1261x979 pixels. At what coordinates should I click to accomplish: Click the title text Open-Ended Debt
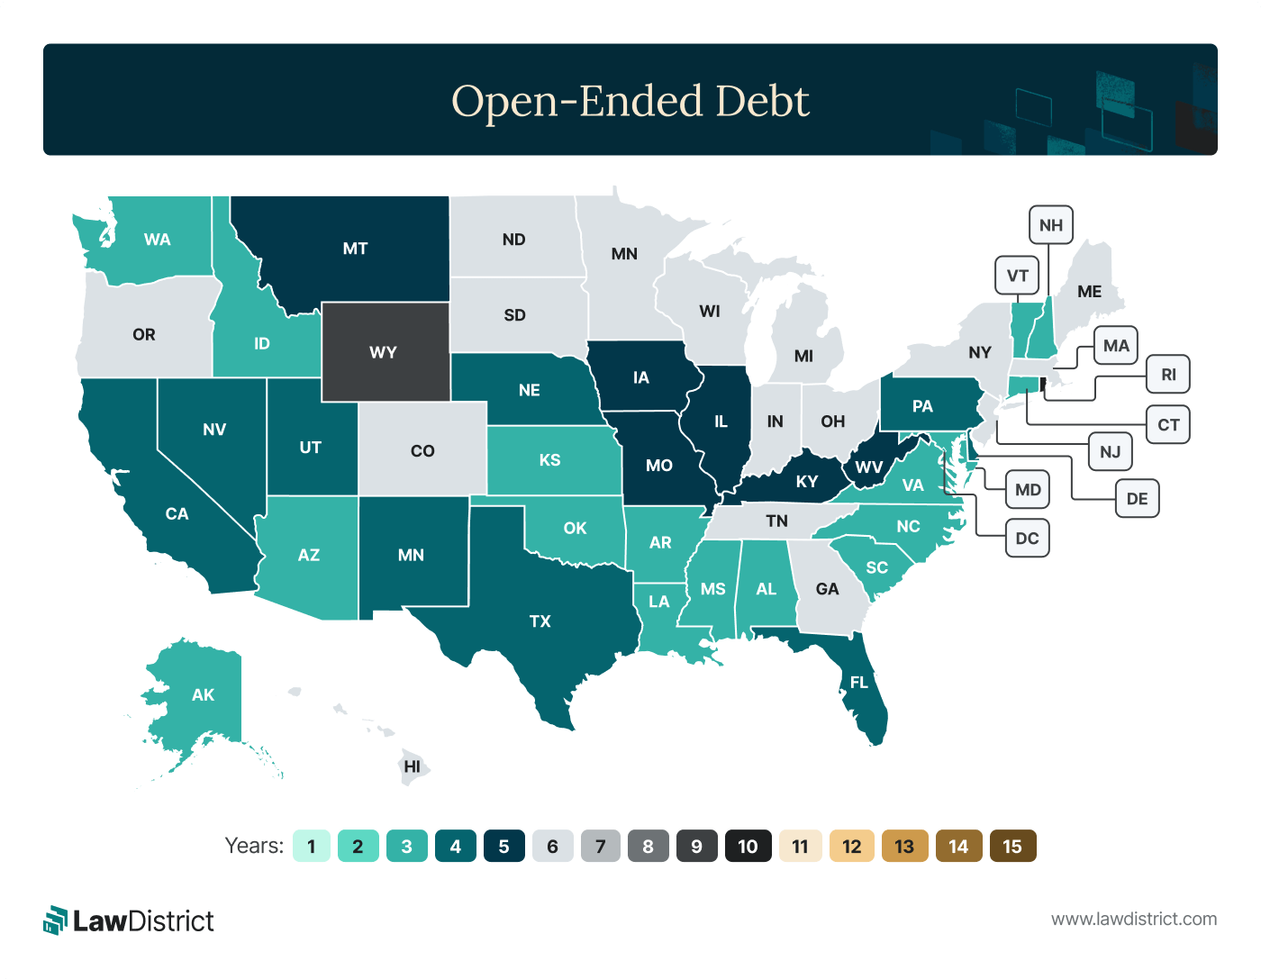click(x=630, y=101)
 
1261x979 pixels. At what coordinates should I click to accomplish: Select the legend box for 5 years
click(x=503, y=847)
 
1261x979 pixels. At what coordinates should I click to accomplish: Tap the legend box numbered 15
click(x=1012, y=847)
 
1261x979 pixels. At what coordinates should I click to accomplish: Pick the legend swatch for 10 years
click(x=748, y=847)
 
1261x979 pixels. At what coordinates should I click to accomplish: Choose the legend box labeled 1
click(x=312, y=847)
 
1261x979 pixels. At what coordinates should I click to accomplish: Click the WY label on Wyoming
click(x=383, y=352)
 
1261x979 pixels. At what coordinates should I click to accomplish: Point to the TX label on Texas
click(x=540, y=621)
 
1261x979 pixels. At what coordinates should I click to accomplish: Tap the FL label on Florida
click(x=859, y=683)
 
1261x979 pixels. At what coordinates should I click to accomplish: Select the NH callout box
click(x=1050, y=225)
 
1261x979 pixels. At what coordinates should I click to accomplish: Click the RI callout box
click(x=1168, y=375)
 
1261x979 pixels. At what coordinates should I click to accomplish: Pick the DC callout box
click(x=1027, y=539)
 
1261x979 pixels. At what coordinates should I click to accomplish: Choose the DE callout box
click(x=1137, y=499)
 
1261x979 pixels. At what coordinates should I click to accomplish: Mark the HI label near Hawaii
click(x=412, y=767)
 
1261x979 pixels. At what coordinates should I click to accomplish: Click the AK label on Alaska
click(x=203, y=695)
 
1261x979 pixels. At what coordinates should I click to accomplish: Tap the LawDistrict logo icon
click(x=56, y=920)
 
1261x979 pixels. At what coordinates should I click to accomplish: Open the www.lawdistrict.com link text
click(x=1134, y=920)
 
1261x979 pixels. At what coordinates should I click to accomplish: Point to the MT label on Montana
click(x=355, y=249)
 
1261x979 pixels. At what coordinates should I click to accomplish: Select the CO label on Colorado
click(x=422, y=451)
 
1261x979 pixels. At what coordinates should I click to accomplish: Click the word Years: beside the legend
click(x=254, y=847)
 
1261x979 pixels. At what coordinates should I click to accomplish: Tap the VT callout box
click(x=1017, y=276)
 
